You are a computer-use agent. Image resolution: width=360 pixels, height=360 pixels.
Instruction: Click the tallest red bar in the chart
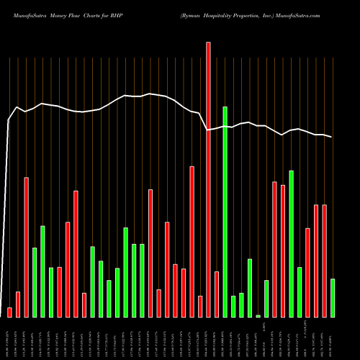click(x=208, y=179)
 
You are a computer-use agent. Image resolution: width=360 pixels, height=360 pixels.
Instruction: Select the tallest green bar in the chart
click(x=225, y=212)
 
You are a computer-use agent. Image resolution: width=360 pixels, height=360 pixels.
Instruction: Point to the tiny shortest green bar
click(x=258, y=315)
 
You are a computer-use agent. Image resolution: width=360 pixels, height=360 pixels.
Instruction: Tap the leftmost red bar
click(x=9, y=312)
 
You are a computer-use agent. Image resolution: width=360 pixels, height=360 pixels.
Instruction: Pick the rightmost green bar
click(x=333, y=297)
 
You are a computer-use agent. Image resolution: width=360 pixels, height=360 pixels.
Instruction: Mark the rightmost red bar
click(x=324, y=261)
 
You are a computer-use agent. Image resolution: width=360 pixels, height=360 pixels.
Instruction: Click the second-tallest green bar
click(x=291, y=243)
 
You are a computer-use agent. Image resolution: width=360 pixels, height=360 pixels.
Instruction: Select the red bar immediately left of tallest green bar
click(x=217, y=294)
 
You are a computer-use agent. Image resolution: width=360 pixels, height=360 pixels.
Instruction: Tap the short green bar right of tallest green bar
click(x=233, y=306)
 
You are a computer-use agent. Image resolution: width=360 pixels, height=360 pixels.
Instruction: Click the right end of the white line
click(x=332, y=137)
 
